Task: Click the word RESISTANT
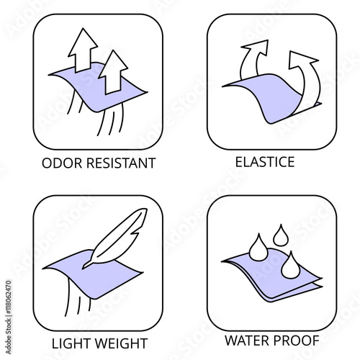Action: click(x=121, y=163)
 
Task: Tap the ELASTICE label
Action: click(x=265, y=162)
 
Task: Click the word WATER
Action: click(x=246, y=341)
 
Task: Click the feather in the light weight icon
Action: click(x=115, y=238)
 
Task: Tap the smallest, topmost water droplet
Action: click(x=281, y=236)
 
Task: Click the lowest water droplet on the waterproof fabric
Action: click(x=291, y=266)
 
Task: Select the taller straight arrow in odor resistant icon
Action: click(x=83, y=50)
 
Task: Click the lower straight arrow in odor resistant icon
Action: click(x=113, y=72)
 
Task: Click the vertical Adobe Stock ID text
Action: click(x=9, y=318)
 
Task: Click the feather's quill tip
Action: click(x=84, y=268)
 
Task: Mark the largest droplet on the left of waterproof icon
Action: click(x=258, y=248)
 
